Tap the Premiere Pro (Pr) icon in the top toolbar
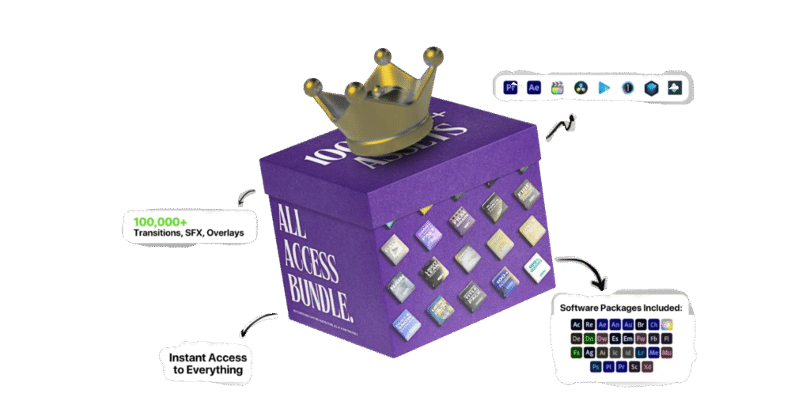coord(511,88)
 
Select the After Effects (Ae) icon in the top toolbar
coord(534,88)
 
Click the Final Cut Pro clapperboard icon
coord(558,88)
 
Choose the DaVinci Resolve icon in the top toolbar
coord(581,88)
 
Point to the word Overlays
coord(224,233)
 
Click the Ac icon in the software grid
coord(577,324)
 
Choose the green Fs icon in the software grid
coord(577,353)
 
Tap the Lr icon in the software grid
coord(641,353)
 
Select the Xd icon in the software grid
coord(647,367)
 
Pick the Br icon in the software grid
coord(641,324)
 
